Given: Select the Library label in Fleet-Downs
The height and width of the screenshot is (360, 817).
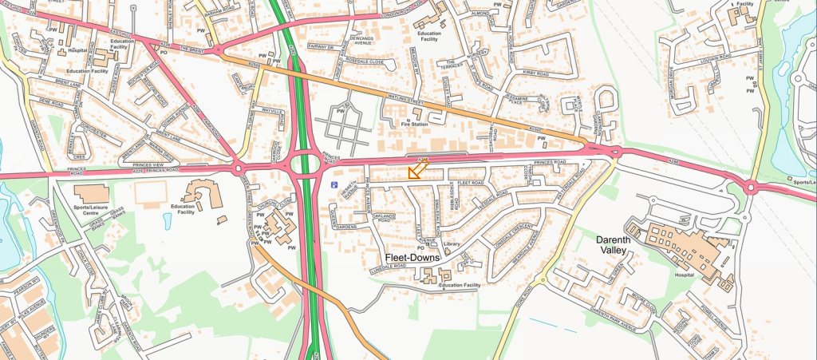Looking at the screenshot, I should coord(453,243).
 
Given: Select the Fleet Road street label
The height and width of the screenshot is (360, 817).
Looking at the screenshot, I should coord(472,183).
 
